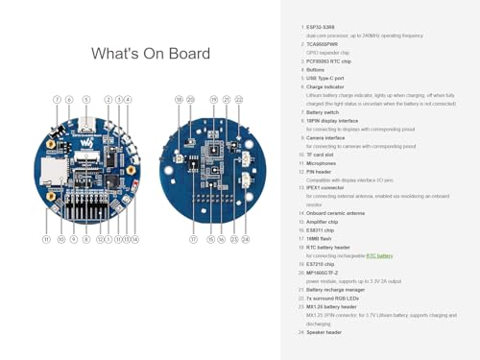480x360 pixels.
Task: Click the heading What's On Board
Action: coord(151,54)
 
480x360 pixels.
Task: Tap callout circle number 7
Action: coord(57,100)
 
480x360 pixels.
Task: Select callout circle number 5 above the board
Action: coord(86,100)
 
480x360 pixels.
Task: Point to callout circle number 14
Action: coord(135,239)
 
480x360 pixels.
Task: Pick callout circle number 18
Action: coord(179,100)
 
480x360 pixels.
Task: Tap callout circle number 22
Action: coord(239,100)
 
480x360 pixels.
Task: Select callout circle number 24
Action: coord(246,239)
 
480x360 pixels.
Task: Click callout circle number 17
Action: coord(193,239)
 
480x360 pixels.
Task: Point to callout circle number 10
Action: coord(61,239)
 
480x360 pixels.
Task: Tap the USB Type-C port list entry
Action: coord(324,78)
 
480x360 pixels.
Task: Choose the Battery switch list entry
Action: coord(322,112)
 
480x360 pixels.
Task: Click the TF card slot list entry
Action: coord(321,155)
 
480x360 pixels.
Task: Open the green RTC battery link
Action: coord(379,256)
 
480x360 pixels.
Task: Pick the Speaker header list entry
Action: coord(324,332)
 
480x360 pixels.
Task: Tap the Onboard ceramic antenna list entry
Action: coord(335,213)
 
